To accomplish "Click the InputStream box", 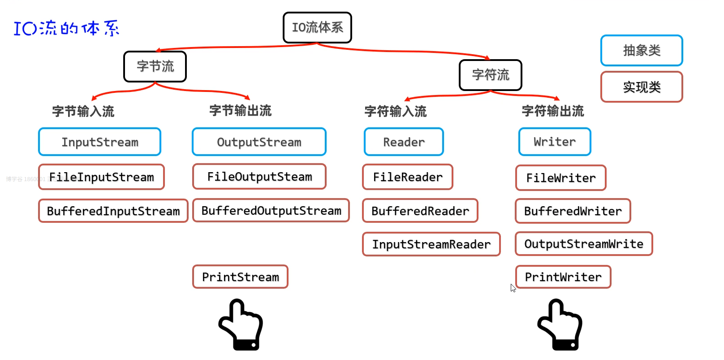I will click(99, 142).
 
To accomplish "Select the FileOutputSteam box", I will click(259, 177).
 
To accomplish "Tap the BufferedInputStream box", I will click(113, 211).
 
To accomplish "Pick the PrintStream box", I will click(240, 277).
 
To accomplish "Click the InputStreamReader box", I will click(431, 244).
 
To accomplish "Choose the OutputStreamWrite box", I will click(583, 243).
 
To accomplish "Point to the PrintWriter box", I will click(563, 277).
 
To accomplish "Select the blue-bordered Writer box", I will click(555, 142).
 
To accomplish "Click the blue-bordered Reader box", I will click(404, 142).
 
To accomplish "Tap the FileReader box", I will click(407, 177).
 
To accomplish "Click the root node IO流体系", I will click(317, 27).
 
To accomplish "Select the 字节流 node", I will click(155, 66).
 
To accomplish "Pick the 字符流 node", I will click(491, 75).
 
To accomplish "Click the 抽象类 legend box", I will click(642, 50).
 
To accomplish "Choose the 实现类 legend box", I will click(642, 87).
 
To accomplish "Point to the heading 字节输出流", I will click(241, 111).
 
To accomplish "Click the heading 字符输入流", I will click(396, 111).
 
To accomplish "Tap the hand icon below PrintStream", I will click(241, 325).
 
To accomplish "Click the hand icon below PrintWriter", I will click(560, 325).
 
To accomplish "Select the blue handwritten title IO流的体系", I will click(66, 28).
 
